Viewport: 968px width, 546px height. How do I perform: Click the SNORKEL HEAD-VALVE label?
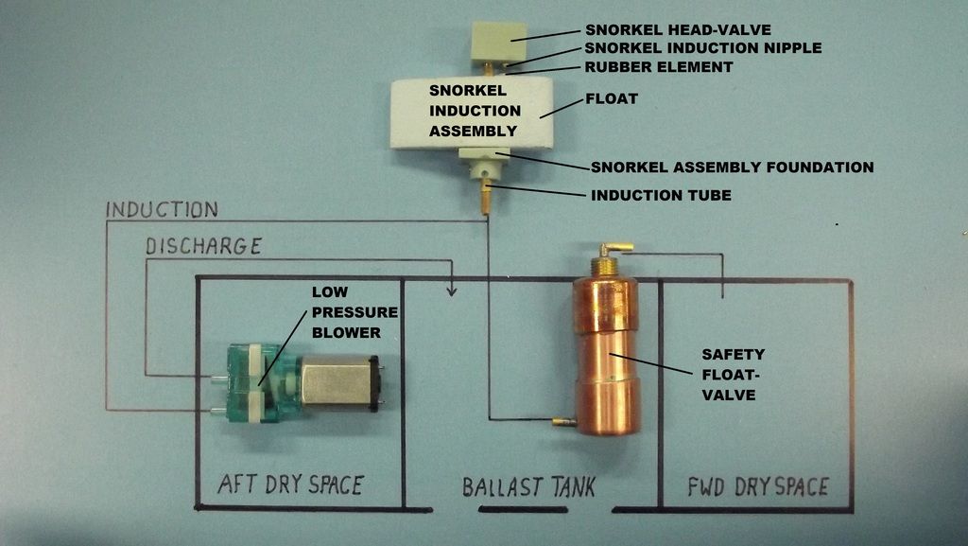[678, 29]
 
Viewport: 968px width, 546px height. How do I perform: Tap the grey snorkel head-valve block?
[498, 42]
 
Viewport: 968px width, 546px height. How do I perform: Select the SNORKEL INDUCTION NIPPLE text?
[702, 47]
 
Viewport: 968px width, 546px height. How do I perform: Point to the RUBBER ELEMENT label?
[659, 66]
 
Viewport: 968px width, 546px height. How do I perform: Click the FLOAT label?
[612, 97]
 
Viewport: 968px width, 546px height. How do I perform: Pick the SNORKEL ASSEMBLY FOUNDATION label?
[732, 167]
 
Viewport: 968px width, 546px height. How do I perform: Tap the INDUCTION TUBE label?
[661, 196]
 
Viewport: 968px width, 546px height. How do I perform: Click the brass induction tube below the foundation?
[486, 196]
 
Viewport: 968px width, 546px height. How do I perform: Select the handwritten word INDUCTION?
[162, 209]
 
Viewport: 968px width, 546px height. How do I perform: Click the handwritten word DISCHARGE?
[203, 246]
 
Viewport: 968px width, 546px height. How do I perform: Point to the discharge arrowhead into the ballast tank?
[452, 290]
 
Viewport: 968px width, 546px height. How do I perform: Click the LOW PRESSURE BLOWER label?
[354, 312]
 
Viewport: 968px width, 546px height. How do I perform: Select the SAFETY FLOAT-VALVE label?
[733, 375]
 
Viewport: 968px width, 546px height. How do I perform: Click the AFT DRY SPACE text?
[290, 484]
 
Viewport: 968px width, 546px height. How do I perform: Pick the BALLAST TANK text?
[528, 487]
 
